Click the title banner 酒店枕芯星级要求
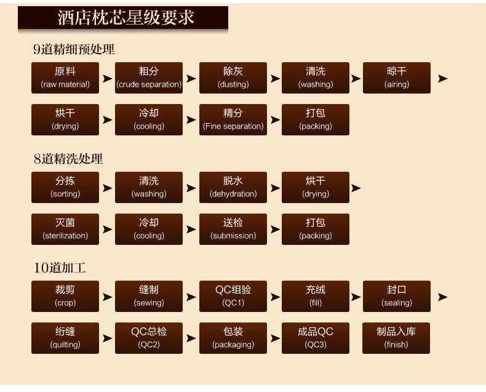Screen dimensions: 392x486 point(123,18)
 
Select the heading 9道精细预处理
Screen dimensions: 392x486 point(74,49)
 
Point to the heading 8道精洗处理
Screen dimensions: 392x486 point(68,159)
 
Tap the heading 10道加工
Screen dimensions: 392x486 point(60,268)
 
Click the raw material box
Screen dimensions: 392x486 point(65,78)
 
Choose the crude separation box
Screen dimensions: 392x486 point(149,78)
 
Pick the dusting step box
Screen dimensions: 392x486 point(233,78)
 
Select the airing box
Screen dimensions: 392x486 point(397,78)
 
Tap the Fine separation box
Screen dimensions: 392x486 point(233,120)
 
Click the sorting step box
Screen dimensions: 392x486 point(65,188)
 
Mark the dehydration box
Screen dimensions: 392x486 point(233,188)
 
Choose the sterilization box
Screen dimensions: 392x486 point(65,230)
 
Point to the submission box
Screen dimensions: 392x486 point(233,230)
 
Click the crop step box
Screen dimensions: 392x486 point(65,297)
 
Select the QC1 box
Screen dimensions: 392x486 point(233,297)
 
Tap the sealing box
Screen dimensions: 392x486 point(397,297)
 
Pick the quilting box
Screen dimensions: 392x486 point(65,338)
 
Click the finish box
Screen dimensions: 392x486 point(396,338)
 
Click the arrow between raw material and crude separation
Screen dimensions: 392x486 point(107,79)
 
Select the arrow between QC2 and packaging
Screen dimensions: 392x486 point(191,338)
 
